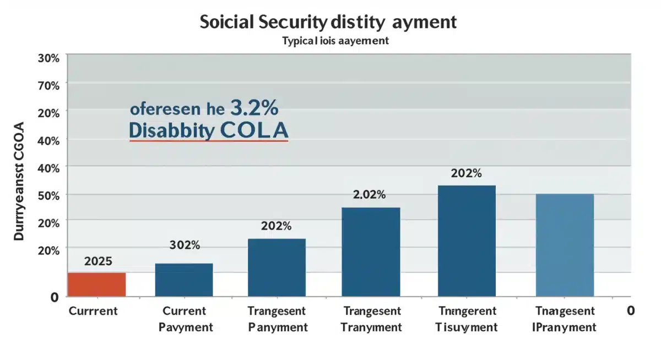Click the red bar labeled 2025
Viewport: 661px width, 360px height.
[97, 284]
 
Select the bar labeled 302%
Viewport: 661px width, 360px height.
[184, 280]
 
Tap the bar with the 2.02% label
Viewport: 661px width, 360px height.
[371, 252]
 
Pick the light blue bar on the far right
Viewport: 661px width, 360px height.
[565, 245]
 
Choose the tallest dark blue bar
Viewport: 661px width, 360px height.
[467, 241]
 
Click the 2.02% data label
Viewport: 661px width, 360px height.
[369, 194]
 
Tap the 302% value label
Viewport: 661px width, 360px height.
[185, 246]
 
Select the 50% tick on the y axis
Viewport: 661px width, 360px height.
[48, 195]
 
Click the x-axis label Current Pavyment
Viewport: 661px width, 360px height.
[185, 319]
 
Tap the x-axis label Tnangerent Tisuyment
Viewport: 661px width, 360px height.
[467, 319]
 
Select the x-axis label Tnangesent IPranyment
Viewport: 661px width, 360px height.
[565, 319]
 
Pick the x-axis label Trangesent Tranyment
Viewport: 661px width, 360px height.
[372, 319]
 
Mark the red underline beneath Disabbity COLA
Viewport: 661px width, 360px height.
[209, 141]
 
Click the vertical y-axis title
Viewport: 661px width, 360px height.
[20, 182]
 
